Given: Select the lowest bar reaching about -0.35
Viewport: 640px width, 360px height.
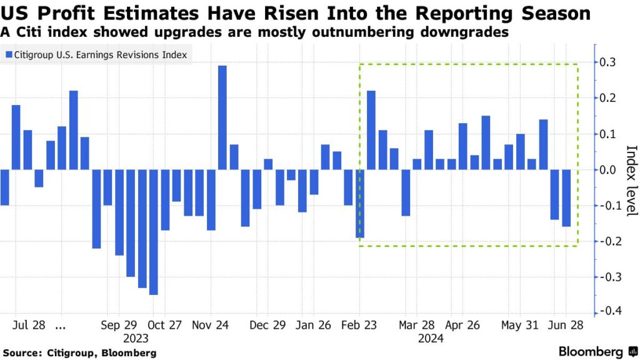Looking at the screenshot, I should pos(154,232).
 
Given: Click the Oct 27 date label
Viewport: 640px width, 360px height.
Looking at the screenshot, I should pos(165,325).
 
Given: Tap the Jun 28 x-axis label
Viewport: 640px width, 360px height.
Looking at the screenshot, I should pos(566,325).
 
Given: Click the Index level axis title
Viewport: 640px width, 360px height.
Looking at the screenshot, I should pos(631,181).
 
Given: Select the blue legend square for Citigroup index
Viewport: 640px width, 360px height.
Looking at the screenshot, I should pos(9,55).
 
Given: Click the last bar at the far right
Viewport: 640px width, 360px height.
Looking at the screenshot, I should pos(566,198).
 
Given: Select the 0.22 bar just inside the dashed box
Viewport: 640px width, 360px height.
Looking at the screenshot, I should pos(371,130).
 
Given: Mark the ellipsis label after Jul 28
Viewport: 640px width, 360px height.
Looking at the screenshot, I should pos(61,325).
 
